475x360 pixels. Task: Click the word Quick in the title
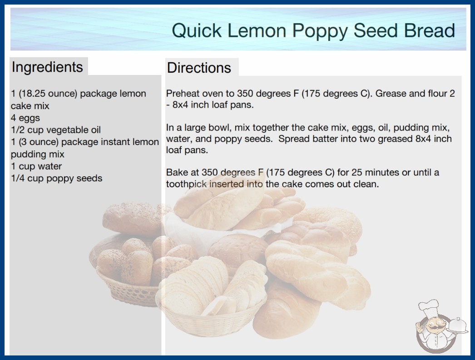click(x=197, y=31)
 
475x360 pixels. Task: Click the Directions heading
click(x=199, y=68)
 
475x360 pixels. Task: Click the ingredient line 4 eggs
click(x=25, y=118)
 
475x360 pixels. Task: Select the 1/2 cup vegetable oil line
click(x=56, y=130)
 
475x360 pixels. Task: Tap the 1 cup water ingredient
click(x=36, y=166)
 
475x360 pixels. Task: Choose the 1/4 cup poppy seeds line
click(x=57, y=178)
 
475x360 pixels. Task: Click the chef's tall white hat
click(x=429, y=307)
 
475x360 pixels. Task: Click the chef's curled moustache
click(x=433, y=328)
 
